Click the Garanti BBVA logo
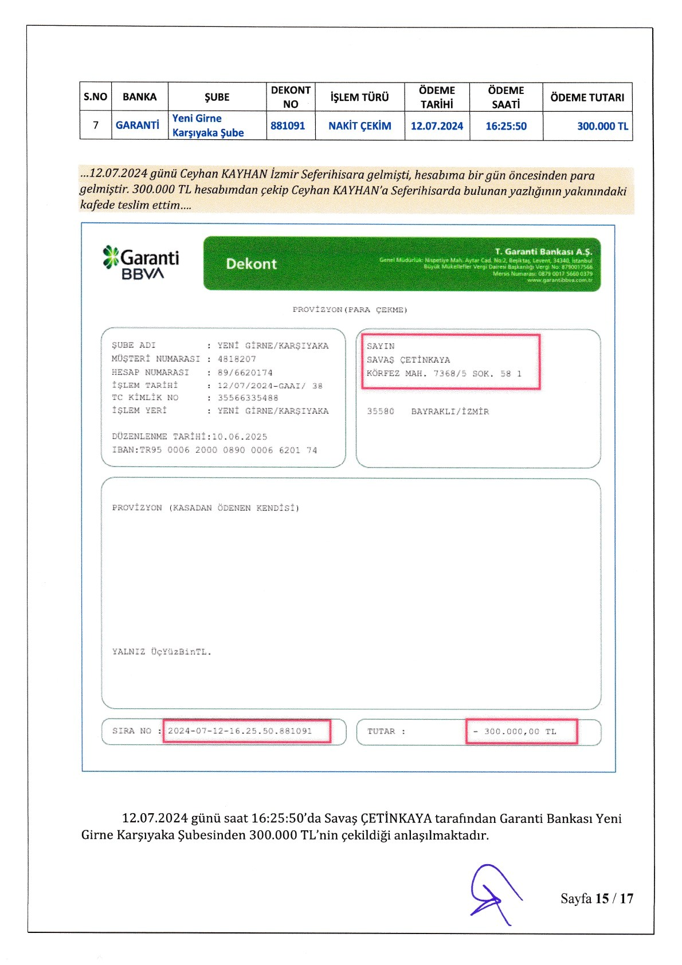(141, 263)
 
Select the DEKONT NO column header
(291, 97)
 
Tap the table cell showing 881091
(288, 125)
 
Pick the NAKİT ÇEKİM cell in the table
(359, 126)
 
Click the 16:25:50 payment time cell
(506, 126)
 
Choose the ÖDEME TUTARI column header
(587, 97)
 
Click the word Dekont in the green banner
(251, 264)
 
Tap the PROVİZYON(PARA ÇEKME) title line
(350, 310)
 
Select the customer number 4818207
(237, 359)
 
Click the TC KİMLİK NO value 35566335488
(248, 398)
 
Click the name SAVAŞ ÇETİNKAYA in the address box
(408, 360)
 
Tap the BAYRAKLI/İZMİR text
(450, 411)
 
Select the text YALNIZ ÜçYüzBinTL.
(162, 652)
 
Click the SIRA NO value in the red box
(240, 731)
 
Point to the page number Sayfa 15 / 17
(597, 899)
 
